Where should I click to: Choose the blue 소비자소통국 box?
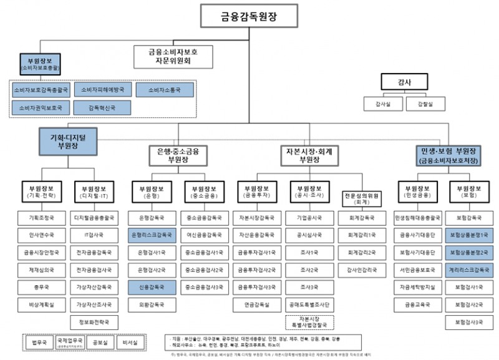[164, 90]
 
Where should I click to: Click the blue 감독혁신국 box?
[102, 107]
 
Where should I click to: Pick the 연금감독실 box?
[253, 305]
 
